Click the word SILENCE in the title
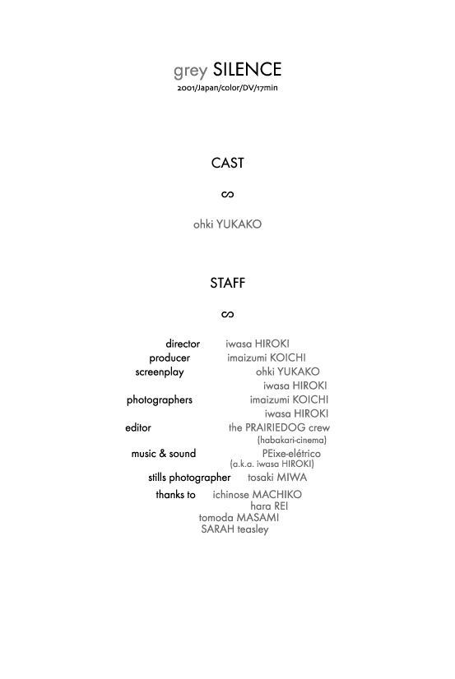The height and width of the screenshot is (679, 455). [x=247, y=69]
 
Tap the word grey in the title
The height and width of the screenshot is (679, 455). [x=190, y=71]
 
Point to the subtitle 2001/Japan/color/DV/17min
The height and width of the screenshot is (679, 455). [x=227, y=88]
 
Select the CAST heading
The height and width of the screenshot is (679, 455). [x=227, y=163]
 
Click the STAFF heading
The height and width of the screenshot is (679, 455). [x=227, y=283]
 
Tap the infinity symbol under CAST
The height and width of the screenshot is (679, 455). [x=227, y=195]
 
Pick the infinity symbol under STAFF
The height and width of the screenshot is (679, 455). [x=227, y=314]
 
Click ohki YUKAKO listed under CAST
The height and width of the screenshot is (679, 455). [x=227, y=224]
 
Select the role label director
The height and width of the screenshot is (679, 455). [x=183, y=344]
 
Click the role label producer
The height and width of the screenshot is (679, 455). [x=169, y=358]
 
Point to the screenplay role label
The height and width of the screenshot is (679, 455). [x=160, y=372]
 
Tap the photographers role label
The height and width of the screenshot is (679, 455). [x=160, y=400]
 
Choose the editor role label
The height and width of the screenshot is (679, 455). [x=138, y=427]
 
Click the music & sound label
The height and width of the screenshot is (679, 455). [x=164, y=454]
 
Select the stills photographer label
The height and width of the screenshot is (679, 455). [x=189, y=478]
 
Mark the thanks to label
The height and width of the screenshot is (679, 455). [x=175, y=495]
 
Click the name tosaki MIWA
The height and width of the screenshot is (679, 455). [x=277, y=478]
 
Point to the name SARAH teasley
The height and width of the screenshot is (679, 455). [x=234, y=529]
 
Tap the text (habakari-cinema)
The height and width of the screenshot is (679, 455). [x=291, y=441]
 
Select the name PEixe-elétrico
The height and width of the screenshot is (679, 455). [x=291, y=454]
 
